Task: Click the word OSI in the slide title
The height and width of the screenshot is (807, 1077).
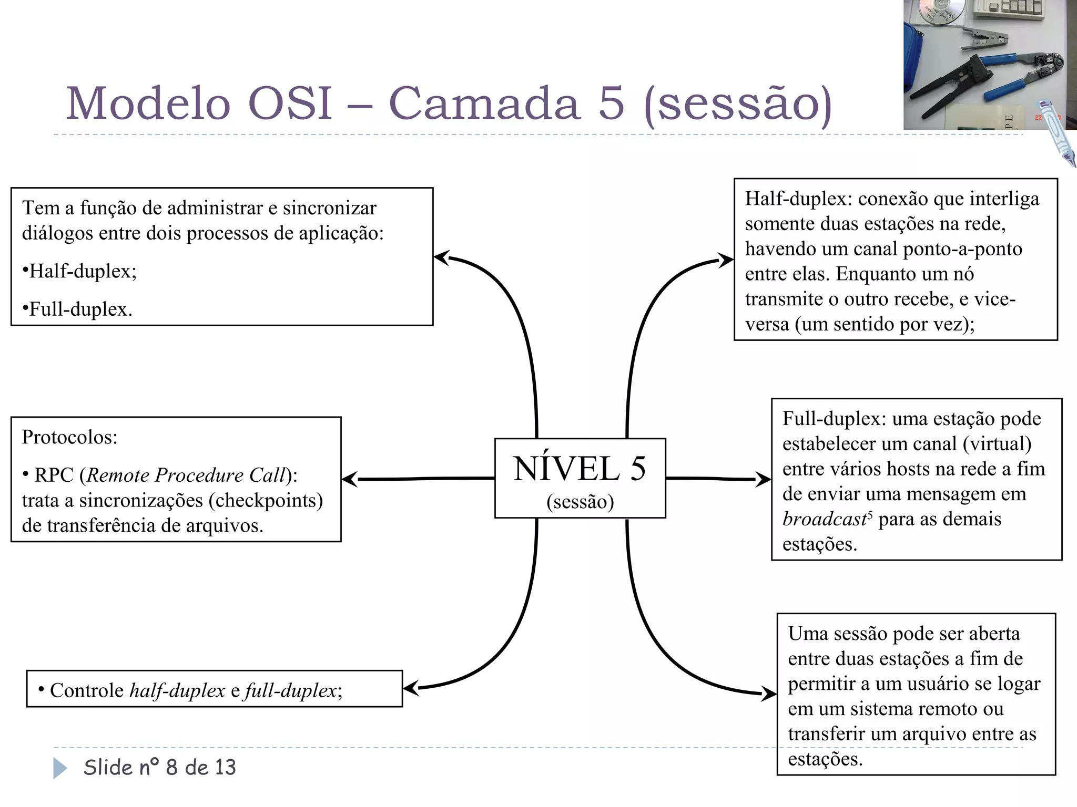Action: click(x=289, y=104)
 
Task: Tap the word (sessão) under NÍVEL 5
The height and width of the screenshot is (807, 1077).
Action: click(x=580, y=502)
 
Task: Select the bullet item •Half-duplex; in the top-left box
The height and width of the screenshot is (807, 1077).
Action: click(x=79, y=271)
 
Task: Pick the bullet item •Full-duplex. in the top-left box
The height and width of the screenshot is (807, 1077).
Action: click(x=77, y=309)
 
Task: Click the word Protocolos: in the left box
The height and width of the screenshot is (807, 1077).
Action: click(x=69, y=437)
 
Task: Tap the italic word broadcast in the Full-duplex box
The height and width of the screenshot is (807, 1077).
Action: click(x=824, y=519)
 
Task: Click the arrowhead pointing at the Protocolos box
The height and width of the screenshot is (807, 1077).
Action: click(x=350, y=479)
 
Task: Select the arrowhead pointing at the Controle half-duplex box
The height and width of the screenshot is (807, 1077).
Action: click(x=411, y=688)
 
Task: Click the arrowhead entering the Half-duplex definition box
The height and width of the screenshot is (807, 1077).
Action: click(x=726, y=260)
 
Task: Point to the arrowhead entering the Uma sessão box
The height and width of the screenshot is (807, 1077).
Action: click(x=769, y=694)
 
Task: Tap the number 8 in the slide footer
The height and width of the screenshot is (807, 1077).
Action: click(x=171, y=768)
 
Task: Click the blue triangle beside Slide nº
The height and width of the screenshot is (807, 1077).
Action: click(x=60, y=768)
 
